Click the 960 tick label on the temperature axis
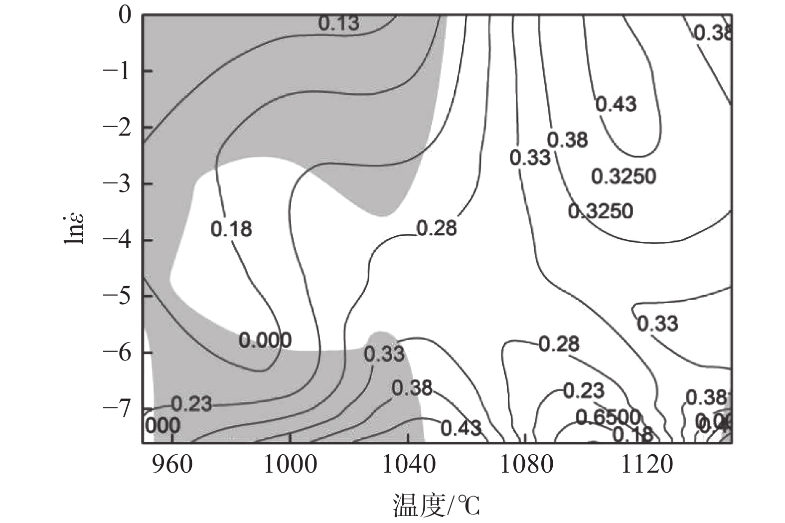pyautogui.click(x=171, y=465)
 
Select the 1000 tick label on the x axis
pyautogui.click(x=290, y=465)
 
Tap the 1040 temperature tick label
pyautogui.click(x=408, y=465)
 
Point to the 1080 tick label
pyautogui.click(x=526, y=465)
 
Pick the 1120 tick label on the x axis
pyautogui.click(x=646, y=465)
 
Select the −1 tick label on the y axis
pyautogui.click(x=117, y=71)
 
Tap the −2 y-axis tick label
pyautogui.click(x=117, y=128)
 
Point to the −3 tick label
pyautogui.click(x=117, y=183)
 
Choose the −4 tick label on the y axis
pyautogui.click(x=117, y=240)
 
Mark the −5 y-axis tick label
pyautogui.click(x=117, y=296)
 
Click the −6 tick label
pyautogui.click(x=117, y=352)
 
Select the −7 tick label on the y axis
pyautogui.click(x=117, y=408)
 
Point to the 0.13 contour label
pyautogui.click(x=338, y=23)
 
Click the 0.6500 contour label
pyautogui.click(x=608, y=417)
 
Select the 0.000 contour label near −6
pyautogui.click(x=265, y=341)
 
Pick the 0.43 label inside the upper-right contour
pyautogui.click(x=616, y=104)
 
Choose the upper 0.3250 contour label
pyautogui.click(x=624, y=176)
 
